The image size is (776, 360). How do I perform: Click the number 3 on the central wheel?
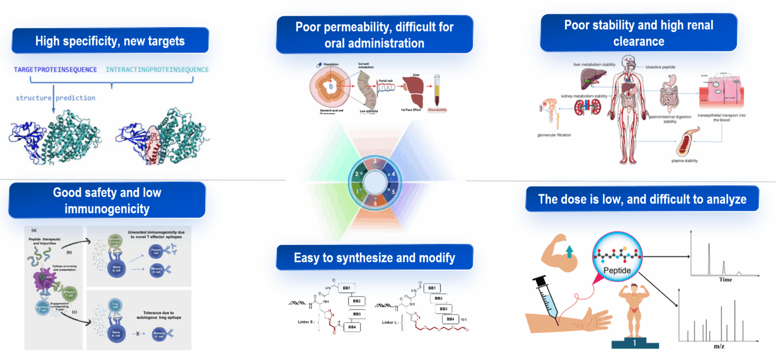coord(374,162)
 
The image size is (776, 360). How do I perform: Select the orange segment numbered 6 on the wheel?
coord(374,202)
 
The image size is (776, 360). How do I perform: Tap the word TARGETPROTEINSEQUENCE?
coord(56,69)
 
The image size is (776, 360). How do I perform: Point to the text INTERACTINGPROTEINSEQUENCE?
coord(157,69)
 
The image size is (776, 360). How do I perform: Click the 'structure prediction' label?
coord(56,97)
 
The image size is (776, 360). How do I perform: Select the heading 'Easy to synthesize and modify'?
coord(374,258)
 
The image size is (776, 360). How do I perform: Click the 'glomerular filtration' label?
coord(557,135)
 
